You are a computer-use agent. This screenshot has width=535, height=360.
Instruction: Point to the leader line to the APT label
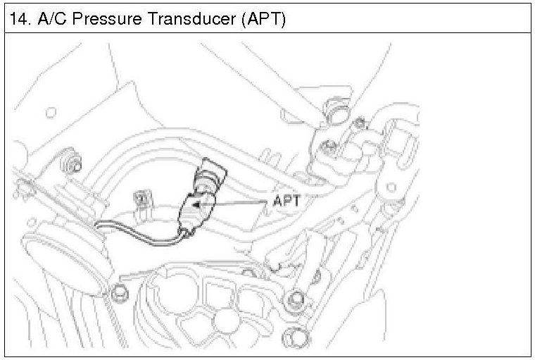tap(239, 203)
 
